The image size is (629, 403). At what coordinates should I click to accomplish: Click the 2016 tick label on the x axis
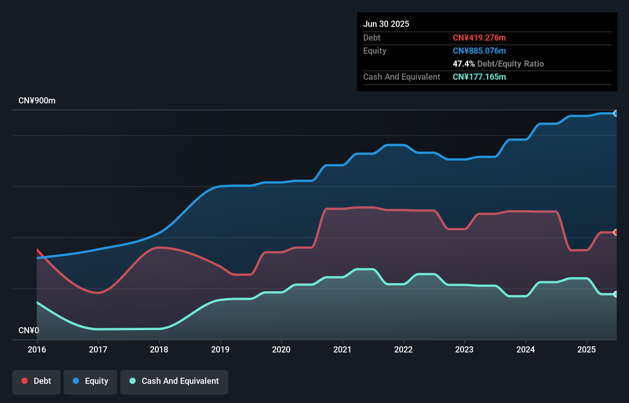tap(37, 349)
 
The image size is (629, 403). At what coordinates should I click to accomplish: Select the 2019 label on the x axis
tap(220, 349)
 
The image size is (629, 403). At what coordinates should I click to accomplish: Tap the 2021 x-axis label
tap(342, 349)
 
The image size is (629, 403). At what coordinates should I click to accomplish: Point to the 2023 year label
tap(464, 349)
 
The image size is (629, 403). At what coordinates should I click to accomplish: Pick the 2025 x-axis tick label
tap(586, 349)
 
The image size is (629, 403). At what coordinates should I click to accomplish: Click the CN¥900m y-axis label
tap(37, 101)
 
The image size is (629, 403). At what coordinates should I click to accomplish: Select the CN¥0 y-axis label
tap(29, 330)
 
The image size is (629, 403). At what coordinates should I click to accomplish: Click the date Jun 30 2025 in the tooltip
tap(386, 24)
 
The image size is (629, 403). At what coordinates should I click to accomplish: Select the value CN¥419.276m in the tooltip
tap(479, 38)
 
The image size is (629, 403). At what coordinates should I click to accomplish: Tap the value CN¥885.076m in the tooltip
tap(479, 51)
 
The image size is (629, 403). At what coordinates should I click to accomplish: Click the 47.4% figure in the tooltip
tap(464, 64)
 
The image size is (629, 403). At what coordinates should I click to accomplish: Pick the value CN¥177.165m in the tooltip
tap(479, 77)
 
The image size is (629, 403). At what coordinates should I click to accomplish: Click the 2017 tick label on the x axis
tap(98, 349)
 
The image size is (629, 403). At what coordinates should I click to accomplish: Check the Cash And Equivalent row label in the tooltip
tap(401, 77)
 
